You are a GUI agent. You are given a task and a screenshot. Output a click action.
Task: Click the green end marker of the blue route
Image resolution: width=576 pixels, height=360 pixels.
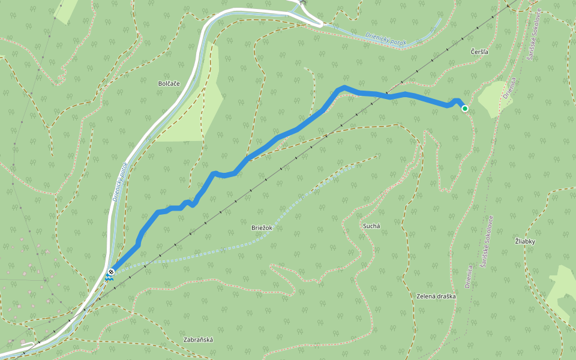(464, 108)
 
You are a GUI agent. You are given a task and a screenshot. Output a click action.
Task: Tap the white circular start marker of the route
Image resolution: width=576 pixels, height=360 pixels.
(111, 272)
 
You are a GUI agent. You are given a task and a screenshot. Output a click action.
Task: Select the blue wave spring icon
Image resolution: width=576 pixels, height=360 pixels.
(109, 278)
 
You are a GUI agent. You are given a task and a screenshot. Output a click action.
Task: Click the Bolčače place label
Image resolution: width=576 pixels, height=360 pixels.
(169, 83)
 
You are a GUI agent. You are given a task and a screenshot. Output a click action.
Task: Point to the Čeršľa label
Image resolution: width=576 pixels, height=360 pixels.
(480, 52)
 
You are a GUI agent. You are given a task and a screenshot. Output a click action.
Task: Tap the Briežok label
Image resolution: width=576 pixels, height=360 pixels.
(262, 227)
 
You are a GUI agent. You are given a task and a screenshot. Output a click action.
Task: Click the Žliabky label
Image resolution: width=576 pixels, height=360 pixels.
(524, 241)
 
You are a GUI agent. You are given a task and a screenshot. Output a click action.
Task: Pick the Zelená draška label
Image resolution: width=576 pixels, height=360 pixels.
(436, 296)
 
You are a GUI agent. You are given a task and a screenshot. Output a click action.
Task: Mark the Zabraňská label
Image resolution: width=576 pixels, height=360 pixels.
(198, 340)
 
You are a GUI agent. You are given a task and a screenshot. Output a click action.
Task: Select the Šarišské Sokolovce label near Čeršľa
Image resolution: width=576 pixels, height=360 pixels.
(534, 33)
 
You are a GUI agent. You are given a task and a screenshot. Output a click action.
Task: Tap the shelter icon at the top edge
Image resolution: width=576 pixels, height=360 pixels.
(302, 2)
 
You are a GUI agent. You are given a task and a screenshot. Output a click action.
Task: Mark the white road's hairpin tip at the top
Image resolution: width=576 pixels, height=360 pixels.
(322, 24)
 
